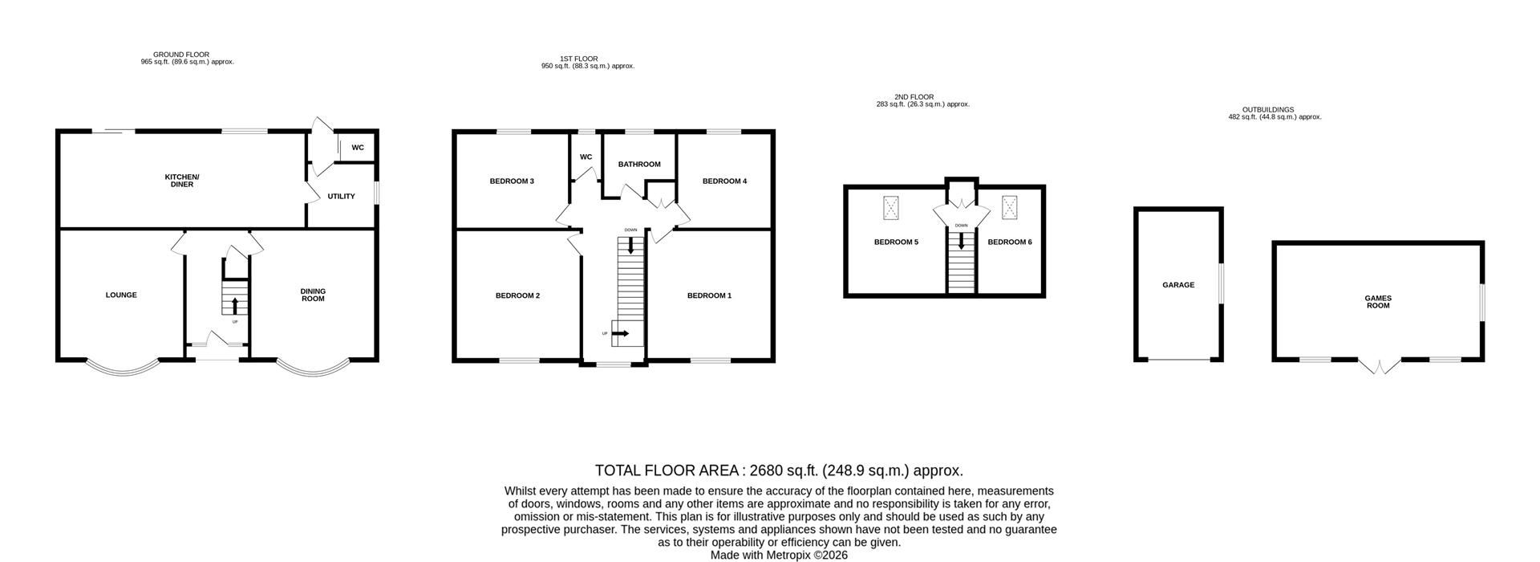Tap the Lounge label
[x=121, y=295]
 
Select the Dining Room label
[x=313, y=295]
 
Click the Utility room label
[x=341, y=196]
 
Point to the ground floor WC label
[x=358, y=148]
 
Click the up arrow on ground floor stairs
[x=235, y=305]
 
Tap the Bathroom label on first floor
[x=639, y=164]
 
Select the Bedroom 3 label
[x=512, y=181]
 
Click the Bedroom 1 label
[x=709, y=295]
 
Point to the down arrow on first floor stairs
[x=631, y=246]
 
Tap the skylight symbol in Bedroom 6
[x=1009, y=208]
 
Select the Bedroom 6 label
[x=1009, y=242]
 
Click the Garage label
[x=1178, y=284]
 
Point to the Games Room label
[x=1378, y=301]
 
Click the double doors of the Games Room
[x=1379, y=366]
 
